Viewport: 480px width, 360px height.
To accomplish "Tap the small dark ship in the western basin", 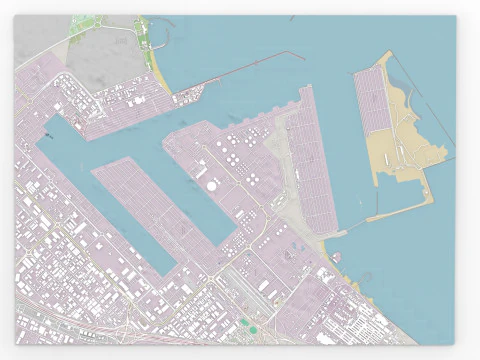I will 48,134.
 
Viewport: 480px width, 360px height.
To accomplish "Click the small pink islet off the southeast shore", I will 337,256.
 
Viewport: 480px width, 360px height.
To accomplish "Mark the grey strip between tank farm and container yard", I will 281,170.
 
